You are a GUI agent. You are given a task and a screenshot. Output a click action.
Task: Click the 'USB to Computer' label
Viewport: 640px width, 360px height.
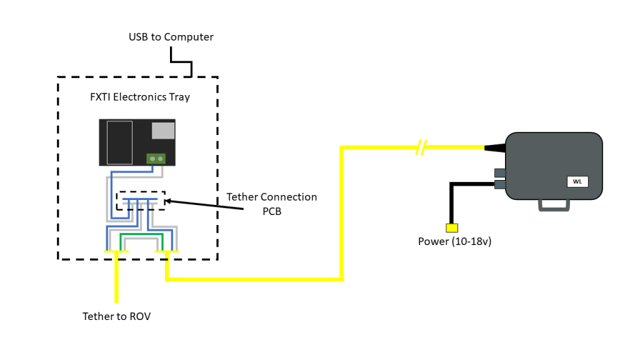[171, 37]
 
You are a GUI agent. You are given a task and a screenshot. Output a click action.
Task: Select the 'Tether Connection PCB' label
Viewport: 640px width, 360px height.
[271, 204]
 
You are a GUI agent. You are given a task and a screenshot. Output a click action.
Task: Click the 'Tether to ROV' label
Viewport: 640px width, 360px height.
[116, 316]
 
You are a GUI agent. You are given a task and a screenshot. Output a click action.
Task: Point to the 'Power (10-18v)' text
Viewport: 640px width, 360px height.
[454, 241]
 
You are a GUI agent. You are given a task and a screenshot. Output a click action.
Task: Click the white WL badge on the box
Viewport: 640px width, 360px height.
[577, 182]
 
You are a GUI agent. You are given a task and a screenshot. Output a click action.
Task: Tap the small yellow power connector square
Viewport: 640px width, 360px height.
[451, 227]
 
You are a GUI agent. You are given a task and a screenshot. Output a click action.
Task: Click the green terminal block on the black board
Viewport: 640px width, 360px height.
[156, 159]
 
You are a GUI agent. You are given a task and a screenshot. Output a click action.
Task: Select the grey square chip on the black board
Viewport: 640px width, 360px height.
[163, 130]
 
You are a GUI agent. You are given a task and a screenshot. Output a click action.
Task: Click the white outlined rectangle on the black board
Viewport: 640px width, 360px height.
[119, 142]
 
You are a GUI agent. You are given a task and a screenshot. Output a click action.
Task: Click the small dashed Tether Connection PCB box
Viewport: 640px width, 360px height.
[141, 201]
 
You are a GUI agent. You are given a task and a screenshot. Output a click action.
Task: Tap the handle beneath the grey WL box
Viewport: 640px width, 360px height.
[554, 204]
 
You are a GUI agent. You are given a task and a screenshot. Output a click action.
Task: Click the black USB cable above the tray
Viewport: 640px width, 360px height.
[181, 62]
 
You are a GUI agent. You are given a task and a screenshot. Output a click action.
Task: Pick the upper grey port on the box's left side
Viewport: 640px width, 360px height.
[500, 172]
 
